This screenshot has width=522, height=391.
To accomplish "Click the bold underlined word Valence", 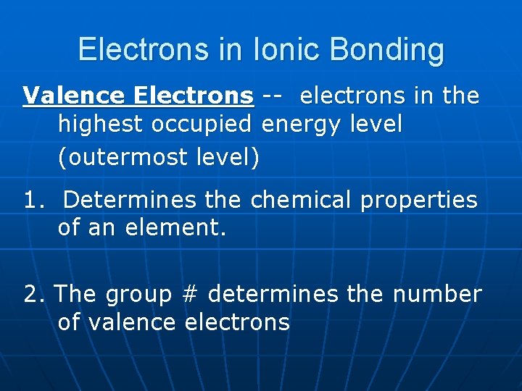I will coord(64,96).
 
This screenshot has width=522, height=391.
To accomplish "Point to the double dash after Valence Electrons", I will coord(273,96).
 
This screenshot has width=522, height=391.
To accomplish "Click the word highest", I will coord(101,125).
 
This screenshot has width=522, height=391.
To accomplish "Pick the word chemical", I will coord(302,200).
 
